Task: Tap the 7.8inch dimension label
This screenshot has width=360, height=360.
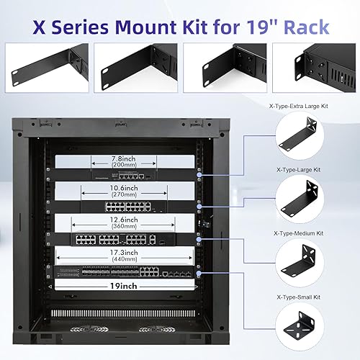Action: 117,159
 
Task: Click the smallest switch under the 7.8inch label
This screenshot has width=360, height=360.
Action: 117,174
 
